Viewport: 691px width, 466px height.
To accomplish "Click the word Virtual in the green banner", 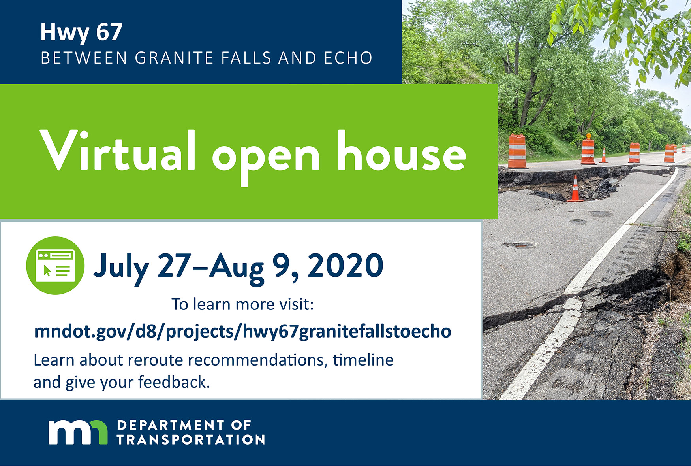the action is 118,151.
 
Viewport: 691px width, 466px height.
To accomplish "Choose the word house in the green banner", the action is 402,151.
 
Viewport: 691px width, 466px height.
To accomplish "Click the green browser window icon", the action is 55,265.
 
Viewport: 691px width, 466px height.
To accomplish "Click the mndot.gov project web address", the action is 242,331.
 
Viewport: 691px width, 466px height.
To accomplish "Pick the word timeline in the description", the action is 363,360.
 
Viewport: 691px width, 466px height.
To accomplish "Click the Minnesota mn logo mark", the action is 78,432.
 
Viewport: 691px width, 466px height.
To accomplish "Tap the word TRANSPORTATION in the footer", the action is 191,440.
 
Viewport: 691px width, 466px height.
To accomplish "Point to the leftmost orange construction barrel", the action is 518,151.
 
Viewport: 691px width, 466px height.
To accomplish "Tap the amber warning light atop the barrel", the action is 588,136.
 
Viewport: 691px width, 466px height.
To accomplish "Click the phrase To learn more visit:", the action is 242,304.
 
